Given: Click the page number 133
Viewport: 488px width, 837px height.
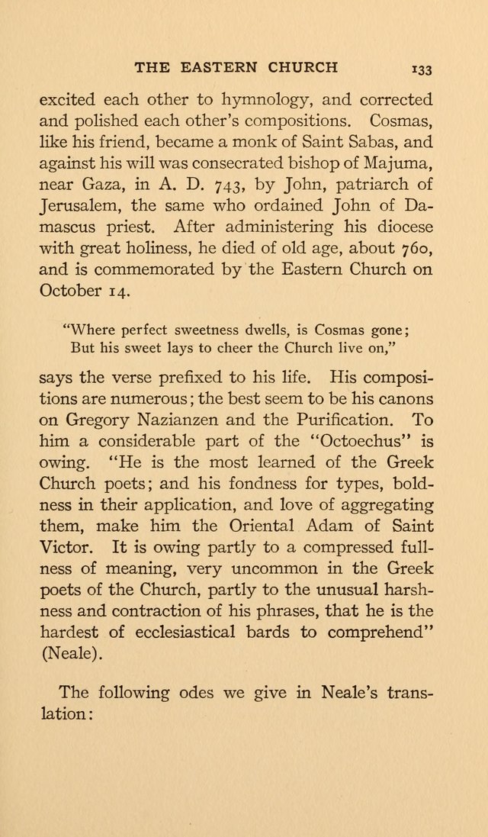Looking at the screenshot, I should pos(422,69).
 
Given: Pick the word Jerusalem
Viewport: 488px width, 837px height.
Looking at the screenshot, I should pos(80,206).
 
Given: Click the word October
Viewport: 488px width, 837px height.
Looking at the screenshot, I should pos(72,291).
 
